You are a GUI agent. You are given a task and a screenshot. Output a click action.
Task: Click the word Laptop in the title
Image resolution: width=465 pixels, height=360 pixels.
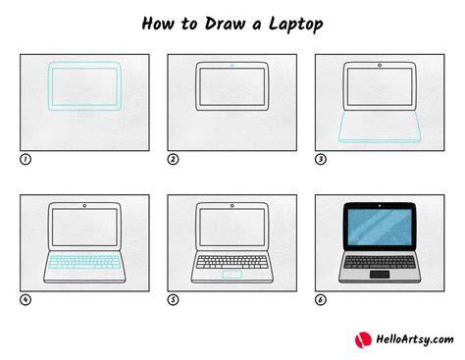click(x=296, y=25)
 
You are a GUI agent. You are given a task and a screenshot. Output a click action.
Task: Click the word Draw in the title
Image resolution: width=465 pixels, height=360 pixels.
click(x=225, y=24)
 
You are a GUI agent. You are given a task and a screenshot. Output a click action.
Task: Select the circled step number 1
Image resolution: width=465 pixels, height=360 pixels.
click(x=26, y=160)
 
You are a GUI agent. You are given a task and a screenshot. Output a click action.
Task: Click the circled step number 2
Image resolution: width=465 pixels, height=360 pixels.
click(x=173, y=160)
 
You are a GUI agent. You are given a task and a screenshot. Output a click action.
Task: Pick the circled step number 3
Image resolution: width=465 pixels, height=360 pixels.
click(x=321, y=160)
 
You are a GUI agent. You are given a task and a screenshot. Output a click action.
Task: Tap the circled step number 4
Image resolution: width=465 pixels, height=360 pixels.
click(x=26, y=300)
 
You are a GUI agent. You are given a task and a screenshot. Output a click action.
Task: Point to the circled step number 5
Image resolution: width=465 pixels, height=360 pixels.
click(x=173, y=300)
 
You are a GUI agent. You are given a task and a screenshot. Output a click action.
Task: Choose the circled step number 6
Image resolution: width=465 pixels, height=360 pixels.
click(x=321, y=300)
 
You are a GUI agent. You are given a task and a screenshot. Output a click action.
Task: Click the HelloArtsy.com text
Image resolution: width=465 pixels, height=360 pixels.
click(x=415, y=339)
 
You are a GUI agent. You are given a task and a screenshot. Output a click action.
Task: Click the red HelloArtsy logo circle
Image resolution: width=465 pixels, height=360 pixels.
click(x=363, y=340)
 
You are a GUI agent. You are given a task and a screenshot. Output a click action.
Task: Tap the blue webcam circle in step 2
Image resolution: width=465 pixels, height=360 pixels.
click(x=232, y=66)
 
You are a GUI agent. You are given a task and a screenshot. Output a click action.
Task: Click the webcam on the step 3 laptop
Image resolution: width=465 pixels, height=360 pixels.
click(x=380, y=66)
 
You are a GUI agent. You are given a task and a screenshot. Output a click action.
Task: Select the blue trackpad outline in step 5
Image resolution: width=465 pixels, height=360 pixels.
click(x=232, y=275)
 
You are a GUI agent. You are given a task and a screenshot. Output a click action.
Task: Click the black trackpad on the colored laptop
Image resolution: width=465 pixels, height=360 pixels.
click(x=380, y=275)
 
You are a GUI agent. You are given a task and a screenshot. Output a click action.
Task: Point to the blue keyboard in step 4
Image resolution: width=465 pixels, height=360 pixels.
click(x=84, y=262)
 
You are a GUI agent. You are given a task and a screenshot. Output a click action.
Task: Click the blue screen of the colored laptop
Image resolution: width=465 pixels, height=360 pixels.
click(x=380, y=227)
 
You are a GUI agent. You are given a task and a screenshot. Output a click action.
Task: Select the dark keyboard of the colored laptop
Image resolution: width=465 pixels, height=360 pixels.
click(x=380, y=262)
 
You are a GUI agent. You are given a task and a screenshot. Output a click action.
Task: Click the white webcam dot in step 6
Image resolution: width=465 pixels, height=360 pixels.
click(x=380, y=206)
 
